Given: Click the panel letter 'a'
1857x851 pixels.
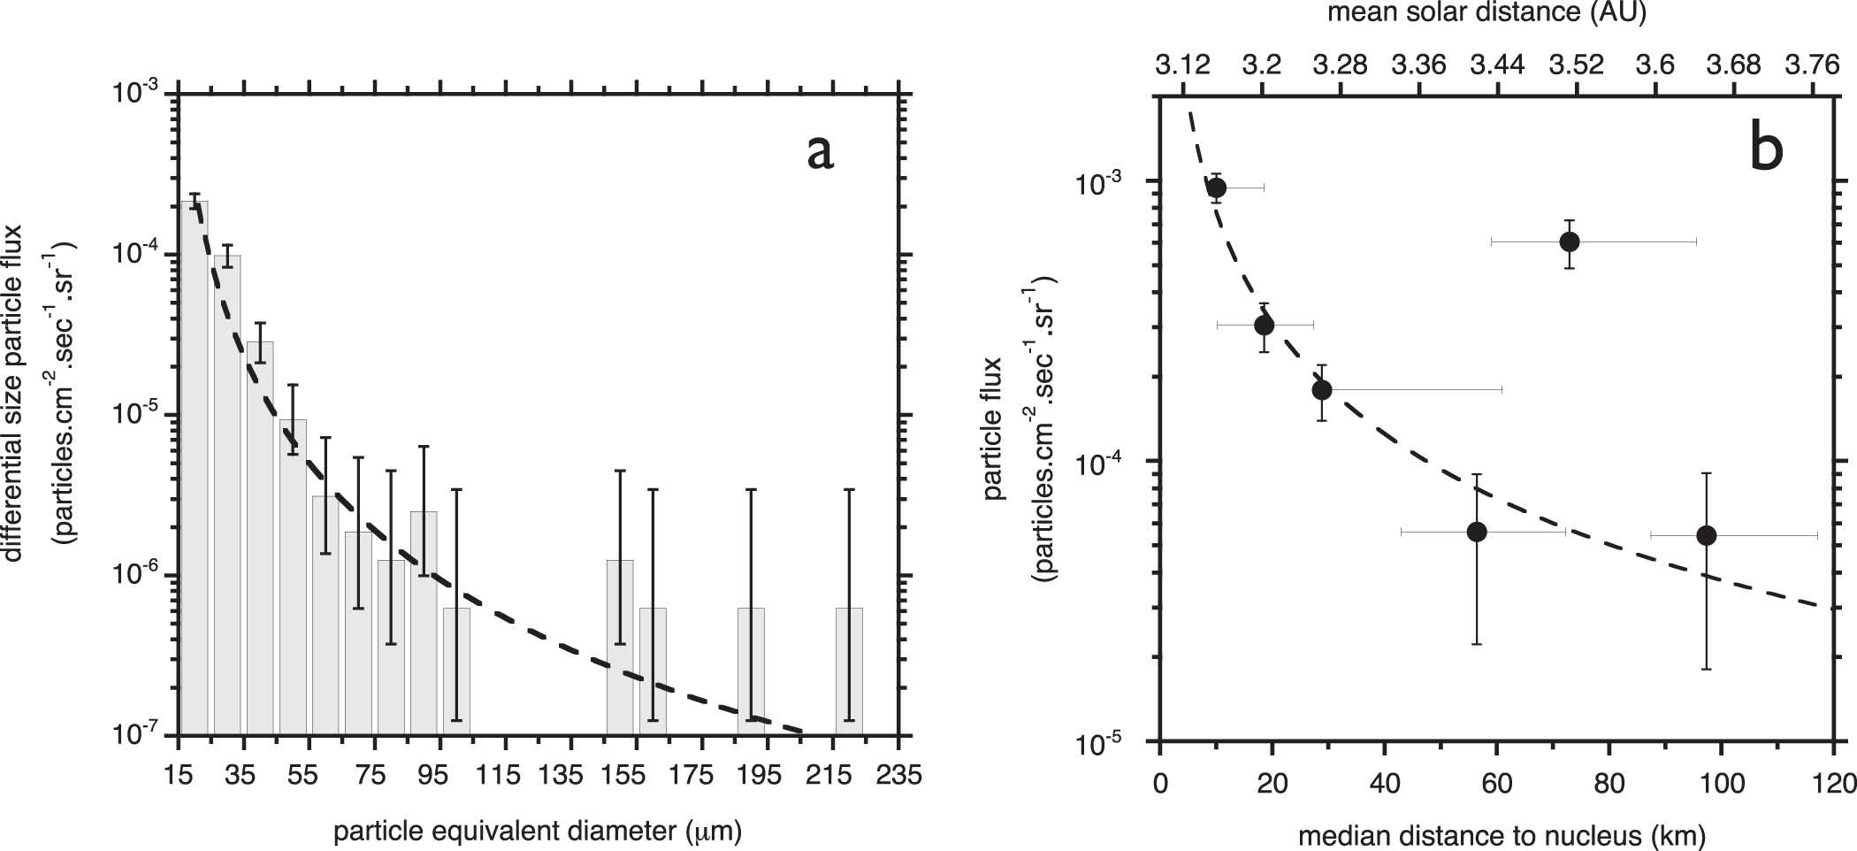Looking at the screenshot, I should coord(820,152).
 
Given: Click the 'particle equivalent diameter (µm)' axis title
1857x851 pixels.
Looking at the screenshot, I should coord(538,831).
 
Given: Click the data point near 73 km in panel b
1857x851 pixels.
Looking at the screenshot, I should coord(1570,241).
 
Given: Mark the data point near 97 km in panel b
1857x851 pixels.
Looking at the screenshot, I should coord(1707,535).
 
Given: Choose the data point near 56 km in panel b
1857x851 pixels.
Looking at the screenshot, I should coord(1476,532).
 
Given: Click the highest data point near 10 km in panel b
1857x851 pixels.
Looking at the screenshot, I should coord(1217,188).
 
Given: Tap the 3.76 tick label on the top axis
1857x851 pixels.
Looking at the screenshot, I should coord(1813,65).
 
